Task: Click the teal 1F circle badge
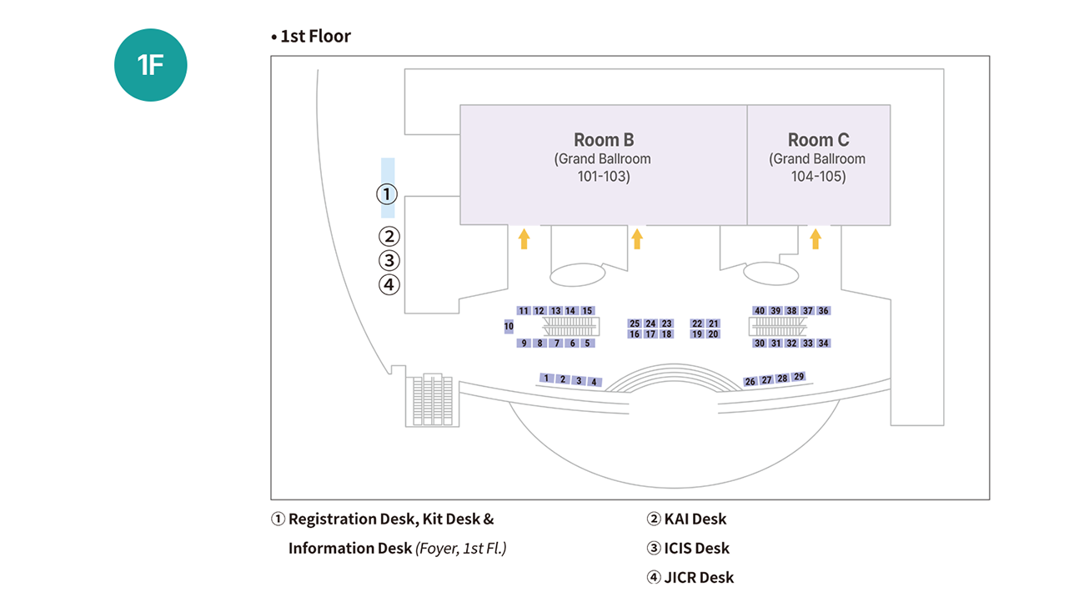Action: click(150, 65)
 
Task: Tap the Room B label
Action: click(604, 140)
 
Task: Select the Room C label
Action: click(818, 140)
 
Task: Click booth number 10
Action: click(509, 326)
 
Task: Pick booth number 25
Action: click(635, 324)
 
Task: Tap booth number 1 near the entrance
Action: click(546, 379)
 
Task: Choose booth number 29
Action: click(799, 377)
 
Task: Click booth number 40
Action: click(759, 311)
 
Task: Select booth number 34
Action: click(824, 343)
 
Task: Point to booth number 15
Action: click(587, 311)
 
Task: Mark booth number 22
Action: click(697, 324)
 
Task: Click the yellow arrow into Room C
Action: click(816, 239)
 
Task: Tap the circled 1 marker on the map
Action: click(387, 194)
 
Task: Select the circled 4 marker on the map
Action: click(389, 284)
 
